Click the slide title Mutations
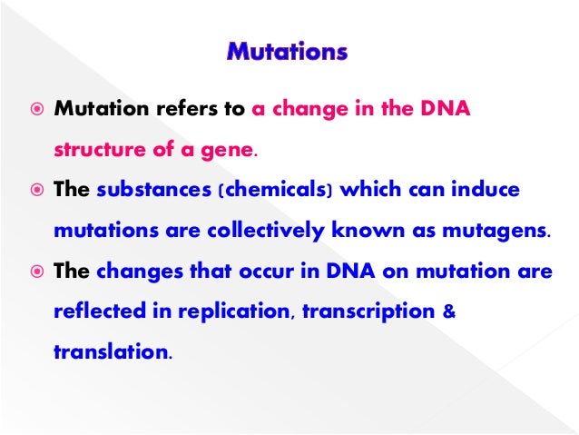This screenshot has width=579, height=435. tap(286, 52)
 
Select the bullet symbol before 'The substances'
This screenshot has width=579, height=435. tap(35, 192)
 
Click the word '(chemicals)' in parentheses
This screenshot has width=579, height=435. tap(262, 191)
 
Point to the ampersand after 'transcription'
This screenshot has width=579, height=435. tap(447, 312)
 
